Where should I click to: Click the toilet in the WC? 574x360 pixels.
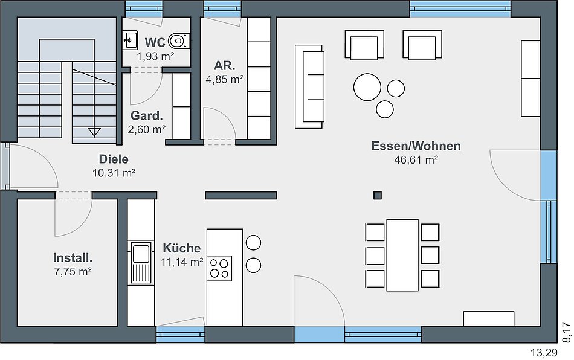tap(179, 40)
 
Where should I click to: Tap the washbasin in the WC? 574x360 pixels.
tap(130, 40)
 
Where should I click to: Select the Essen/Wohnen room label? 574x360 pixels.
tap(416, 146)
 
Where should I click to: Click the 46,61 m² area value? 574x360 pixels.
tap(416, 160)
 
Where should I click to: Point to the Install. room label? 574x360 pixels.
tap(73, 257)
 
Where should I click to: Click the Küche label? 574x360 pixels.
tap(182, 248)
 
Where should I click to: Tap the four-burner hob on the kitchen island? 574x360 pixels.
tap(219, 268)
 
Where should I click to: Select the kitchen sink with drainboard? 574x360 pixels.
tap(141, 263)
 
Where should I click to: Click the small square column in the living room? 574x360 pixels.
tap(378, 195)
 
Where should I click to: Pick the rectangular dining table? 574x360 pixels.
tap(402, 255)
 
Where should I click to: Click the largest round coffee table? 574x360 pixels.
tap(367, 87)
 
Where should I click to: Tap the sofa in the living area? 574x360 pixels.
tap(309, 87)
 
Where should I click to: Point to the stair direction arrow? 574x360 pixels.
tap(94, 132)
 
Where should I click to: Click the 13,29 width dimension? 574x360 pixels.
tap(544, 353)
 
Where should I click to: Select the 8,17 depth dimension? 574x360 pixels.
tap(566, 332)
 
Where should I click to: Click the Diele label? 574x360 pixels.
tap(114, 159)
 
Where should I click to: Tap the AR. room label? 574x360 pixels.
tap(224, 65)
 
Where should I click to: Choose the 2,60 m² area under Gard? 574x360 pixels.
tap(147, 129)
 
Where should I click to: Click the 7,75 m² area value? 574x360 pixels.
tap(73, 271)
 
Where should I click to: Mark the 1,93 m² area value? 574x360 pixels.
tap(155, 56)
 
